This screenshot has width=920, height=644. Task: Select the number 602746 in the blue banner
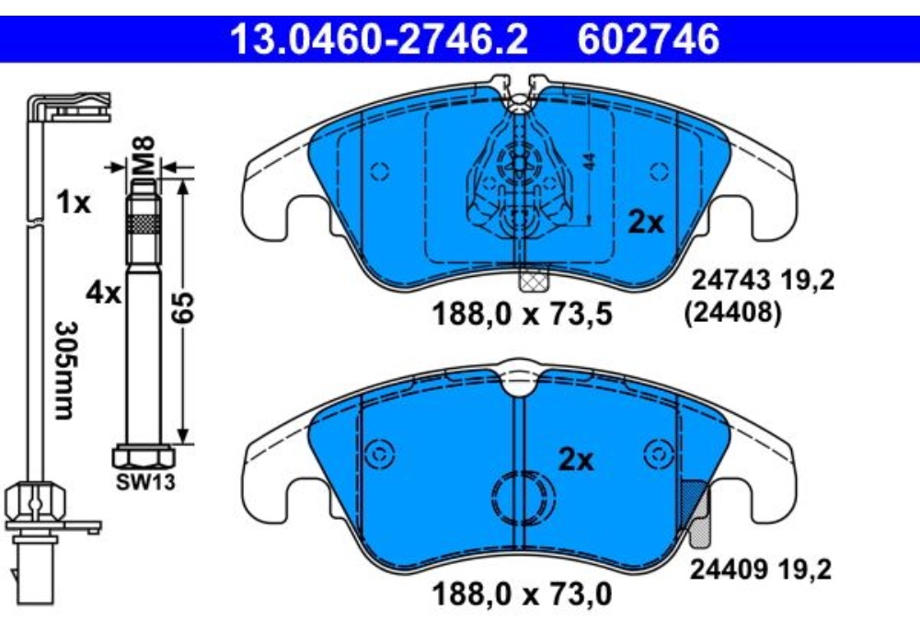click(x=649, y=40)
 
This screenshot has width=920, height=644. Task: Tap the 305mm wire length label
click(x=65, y=370)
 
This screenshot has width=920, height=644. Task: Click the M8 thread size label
click(x=144, y=155)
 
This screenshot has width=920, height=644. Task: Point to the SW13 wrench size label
click(x=145, y=482)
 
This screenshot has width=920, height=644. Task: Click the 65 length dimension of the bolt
click(x=183, y=307)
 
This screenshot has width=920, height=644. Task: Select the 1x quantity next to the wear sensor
click(x=74, y=203)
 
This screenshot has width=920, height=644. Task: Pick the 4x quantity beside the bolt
click(x=103, y=292)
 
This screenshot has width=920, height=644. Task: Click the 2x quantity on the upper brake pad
click(x=646, y=223)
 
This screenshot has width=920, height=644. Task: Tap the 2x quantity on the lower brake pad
click(x=576, y=460)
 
